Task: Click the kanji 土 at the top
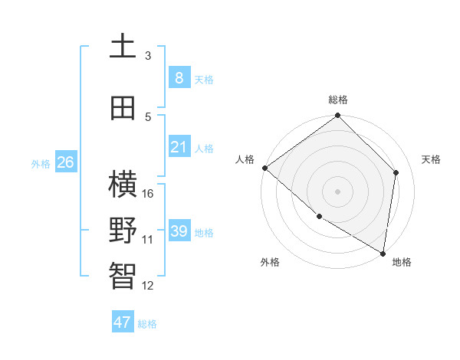[x=123, y=47]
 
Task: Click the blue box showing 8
[x=179, y=77]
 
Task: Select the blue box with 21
[x=179, y=147]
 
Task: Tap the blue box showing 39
[x=179, y=231]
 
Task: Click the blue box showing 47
[x=123, y=322]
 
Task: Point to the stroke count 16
[x=149, y=193]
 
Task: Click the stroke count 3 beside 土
[x=148, y=55]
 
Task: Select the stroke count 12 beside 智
[x=149, y=286]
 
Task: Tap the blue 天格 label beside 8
[x=204, y=79]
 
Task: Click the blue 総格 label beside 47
[x=147, y=324]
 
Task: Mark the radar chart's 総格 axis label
[x=338, y=100]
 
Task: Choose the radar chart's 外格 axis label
[x=269, y=262]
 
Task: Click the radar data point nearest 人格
[x=264, y=168]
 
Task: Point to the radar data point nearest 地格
[x=383, y=252]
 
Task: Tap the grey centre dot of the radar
[x=337, y=191]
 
